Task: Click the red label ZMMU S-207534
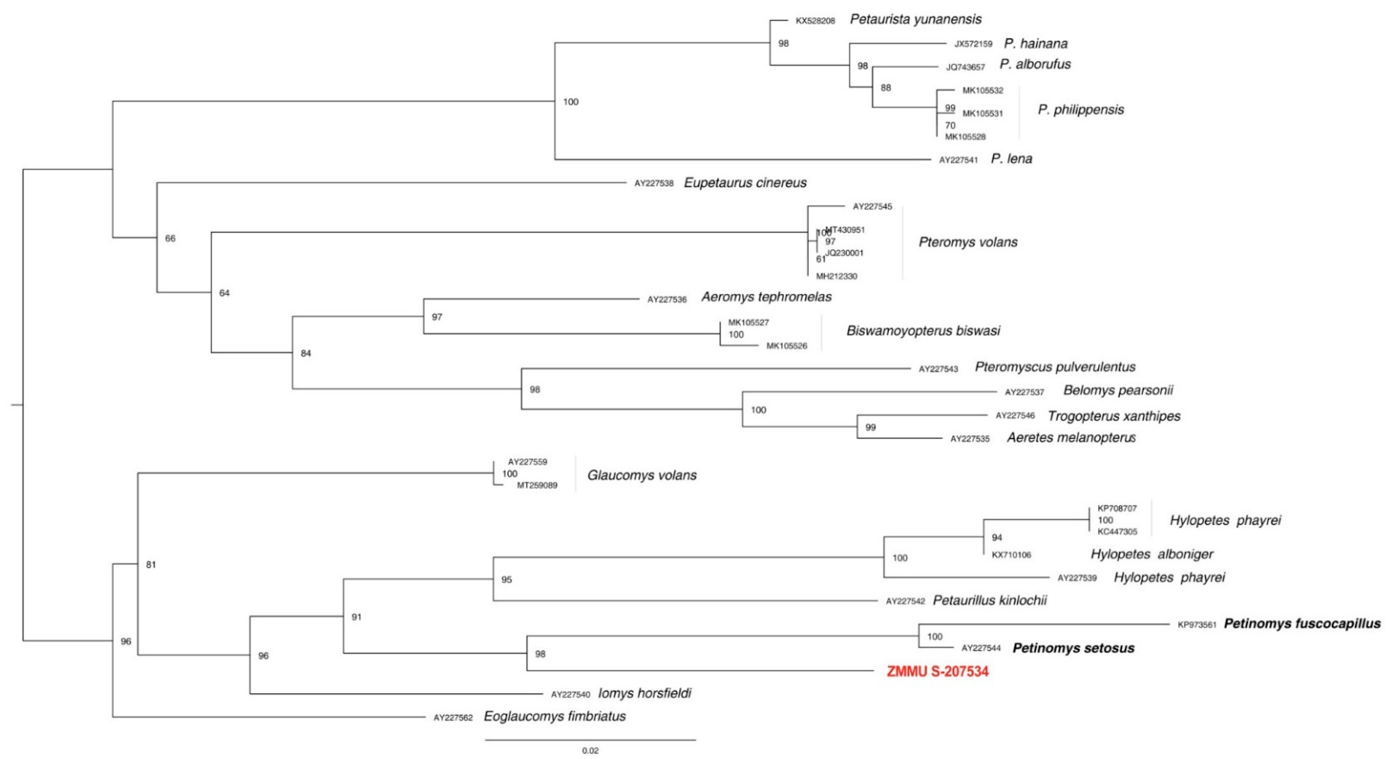pos(937,671)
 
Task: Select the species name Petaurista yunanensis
pos(916,19)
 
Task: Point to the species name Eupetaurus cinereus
pos(745,183)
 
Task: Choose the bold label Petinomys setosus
pos(1073,648)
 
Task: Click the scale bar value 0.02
pos(590,750)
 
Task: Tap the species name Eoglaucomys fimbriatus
pos(554,716)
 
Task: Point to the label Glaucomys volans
pos(642,475)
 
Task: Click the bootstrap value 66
pos(170,238)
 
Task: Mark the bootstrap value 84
pos(306,353)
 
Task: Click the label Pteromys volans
pos(968,242)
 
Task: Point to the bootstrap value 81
pos(151,565)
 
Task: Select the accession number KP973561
pos(1197,625)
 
